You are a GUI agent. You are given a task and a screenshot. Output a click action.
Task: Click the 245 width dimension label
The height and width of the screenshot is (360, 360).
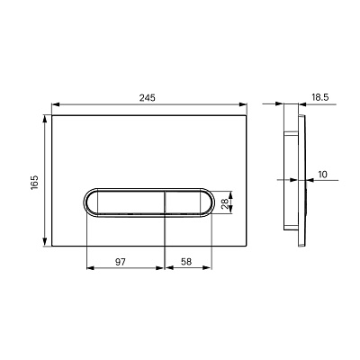[x=147, y=98]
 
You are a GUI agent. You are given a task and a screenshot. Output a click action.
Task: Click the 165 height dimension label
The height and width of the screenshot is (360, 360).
[x=35, y=183]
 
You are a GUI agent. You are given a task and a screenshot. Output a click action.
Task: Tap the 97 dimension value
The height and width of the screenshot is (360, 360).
[x=121, y=262]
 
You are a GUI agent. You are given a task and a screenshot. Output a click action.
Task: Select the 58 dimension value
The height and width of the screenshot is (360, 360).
[x=186, y=262]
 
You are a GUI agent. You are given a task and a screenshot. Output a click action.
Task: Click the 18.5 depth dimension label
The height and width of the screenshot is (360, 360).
[x=319, y=97]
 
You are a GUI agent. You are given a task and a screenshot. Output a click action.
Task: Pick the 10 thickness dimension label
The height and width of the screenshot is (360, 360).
[x=322, y=175]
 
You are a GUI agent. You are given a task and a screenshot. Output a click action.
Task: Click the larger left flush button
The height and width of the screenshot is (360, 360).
[x=131, y=202]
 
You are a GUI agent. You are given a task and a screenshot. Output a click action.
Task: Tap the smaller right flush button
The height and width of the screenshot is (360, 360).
[x=183, y=202]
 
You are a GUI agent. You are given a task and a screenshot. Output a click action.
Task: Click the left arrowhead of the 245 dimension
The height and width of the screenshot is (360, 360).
[x=56, y=104]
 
